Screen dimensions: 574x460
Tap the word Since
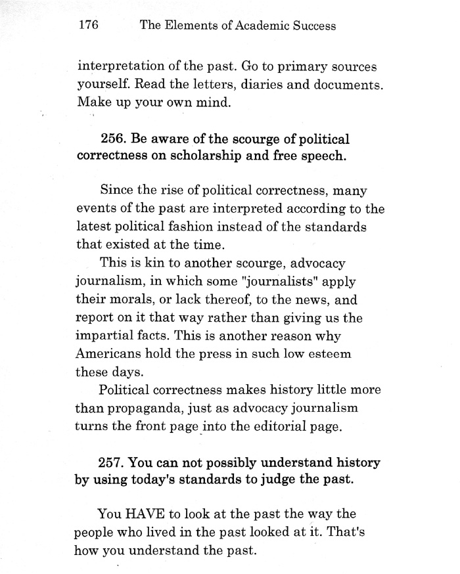click(x=118, y=191)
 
